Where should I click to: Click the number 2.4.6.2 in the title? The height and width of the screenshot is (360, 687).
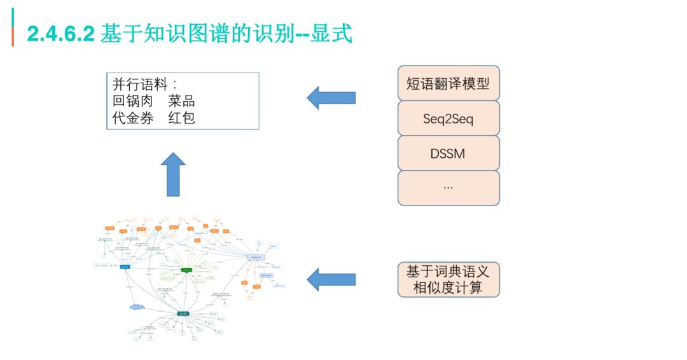[x=61, y=34]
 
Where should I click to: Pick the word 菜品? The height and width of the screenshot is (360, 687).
[x=181, y=101]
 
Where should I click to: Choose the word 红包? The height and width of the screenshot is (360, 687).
[x=181, y=118]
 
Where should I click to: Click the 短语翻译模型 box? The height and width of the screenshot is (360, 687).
[x=448, y=83]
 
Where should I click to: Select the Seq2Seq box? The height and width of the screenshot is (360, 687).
[x=448, y=118]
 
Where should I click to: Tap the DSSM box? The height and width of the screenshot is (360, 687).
[x=448, y=153]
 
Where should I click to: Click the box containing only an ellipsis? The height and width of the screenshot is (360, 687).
[x=448, y=188]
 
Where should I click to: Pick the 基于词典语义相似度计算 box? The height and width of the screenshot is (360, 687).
[x=448, y=279]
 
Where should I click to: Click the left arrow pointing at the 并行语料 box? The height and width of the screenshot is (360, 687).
[x=331, y=98]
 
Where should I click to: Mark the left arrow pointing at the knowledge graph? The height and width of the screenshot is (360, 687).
[x=331, y=279]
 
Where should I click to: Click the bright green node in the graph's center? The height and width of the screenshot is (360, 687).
[x=187, y=270]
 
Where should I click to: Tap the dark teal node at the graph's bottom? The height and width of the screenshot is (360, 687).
[x=183, y=314]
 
